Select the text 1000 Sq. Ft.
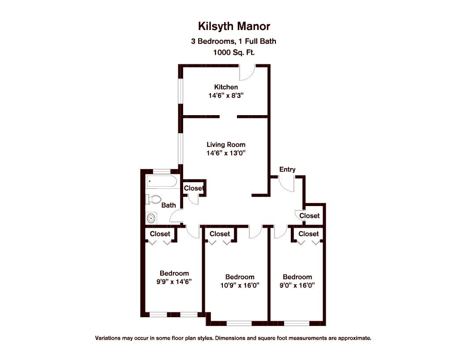coord(233,52)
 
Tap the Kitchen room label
coord(226,87)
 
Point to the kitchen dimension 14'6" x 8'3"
coord(226,95)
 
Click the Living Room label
coord(226,144)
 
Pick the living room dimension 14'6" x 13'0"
coord(226,153)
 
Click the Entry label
coord(287,169)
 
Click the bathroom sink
coord(152,217)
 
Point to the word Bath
coord(169,205)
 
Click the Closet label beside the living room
coord(194,188)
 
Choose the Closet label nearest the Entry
coord(309,216)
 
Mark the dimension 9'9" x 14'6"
coord(174,281)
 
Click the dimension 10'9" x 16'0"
coord(240,285)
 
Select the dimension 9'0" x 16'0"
coord(297,285)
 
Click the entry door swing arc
coord(287,184)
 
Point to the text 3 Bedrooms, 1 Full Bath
coord(233,41)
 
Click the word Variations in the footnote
coord(109,338)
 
